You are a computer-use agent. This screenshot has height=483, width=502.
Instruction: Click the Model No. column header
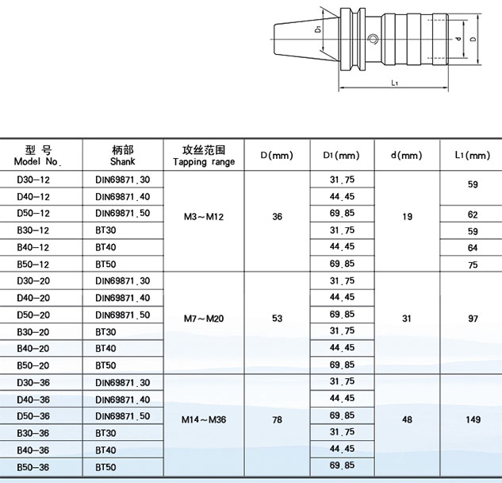pyautogui.click(x=38, y=156)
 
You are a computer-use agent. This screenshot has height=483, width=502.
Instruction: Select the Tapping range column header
pyautogui.click(x=204, y=156)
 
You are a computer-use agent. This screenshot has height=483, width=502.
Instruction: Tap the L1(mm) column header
pyautogui.click(x=473, y=156)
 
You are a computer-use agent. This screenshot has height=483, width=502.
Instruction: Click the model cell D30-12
pyautogui.click(x=33, y=180)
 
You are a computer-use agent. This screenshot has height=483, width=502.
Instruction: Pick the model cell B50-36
pyautogui.click(x=33, y=467)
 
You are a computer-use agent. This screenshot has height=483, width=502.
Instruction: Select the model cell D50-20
pyautogui.click(x=33, y=315)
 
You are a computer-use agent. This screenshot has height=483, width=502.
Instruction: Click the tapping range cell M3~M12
pyautogui.click(x=204, y=217)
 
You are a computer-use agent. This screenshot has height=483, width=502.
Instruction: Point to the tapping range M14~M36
pyautogui.click(x=204, y=419)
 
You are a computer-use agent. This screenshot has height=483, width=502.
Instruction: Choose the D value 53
pyautogui.click(x=278, y=319)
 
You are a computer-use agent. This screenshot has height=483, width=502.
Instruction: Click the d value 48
pyautogui.click(x=407, y=419)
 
